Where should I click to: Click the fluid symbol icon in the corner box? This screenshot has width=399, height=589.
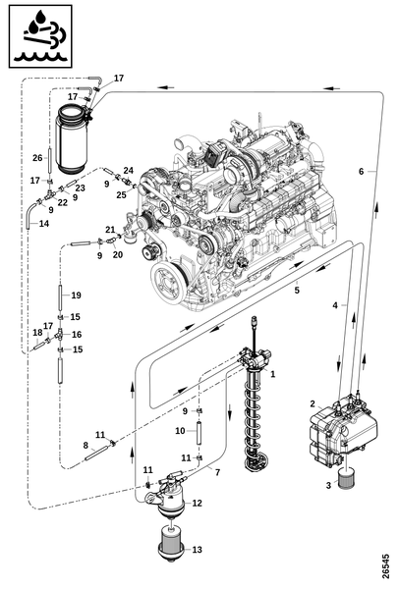pyautogui.click(x=40, y=36)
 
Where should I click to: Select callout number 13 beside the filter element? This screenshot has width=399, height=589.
pyautogui.click(x=198, y=550)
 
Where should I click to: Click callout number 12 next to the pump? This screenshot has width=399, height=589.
pyautogui.click(x=198, y=503)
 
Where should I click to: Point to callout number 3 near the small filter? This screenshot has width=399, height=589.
pyautogui.click(x=328, y=485)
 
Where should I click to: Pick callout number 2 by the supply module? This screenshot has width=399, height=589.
pyautogui.click(x=313, y=403)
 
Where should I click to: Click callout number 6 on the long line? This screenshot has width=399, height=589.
pyautogui.click(x=361, y=171)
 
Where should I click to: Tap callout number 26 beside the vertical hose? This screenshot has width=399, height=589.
pyautogui.click(x=37, y=158)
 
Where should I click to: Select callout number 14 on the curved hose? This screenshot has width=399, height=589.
pyautogui.click(x=44, y=224)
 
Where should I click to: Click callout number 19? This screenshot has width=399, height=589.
pyautogui.click(x=76, y=295)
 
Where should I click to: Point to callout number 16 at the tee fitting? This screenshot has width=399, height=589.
pyautogui.click(x=77, y=335)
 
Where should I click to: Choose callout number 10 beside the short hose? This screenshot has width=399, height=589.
pyautogui.click(x=180, y=431)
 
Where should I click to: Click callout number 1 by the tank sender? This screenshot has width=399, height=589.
pyautogui.click(x=273, y=374)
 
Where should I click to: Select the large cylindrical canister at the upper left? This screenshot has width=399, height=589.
pyautogui.click(x=72, y=139)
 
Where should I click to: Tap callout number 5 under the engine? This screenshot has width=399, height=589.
pyautogui.click(x=297, y=291)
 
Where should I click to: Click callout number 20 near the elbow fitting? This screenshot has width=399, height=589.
pyautogui.click(x=118, y=254)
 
